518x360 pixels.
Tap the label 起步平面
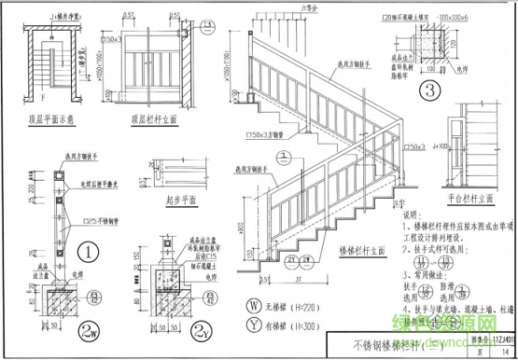point(161,200)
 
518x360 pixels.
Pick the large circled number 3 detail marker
point(430,90)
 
